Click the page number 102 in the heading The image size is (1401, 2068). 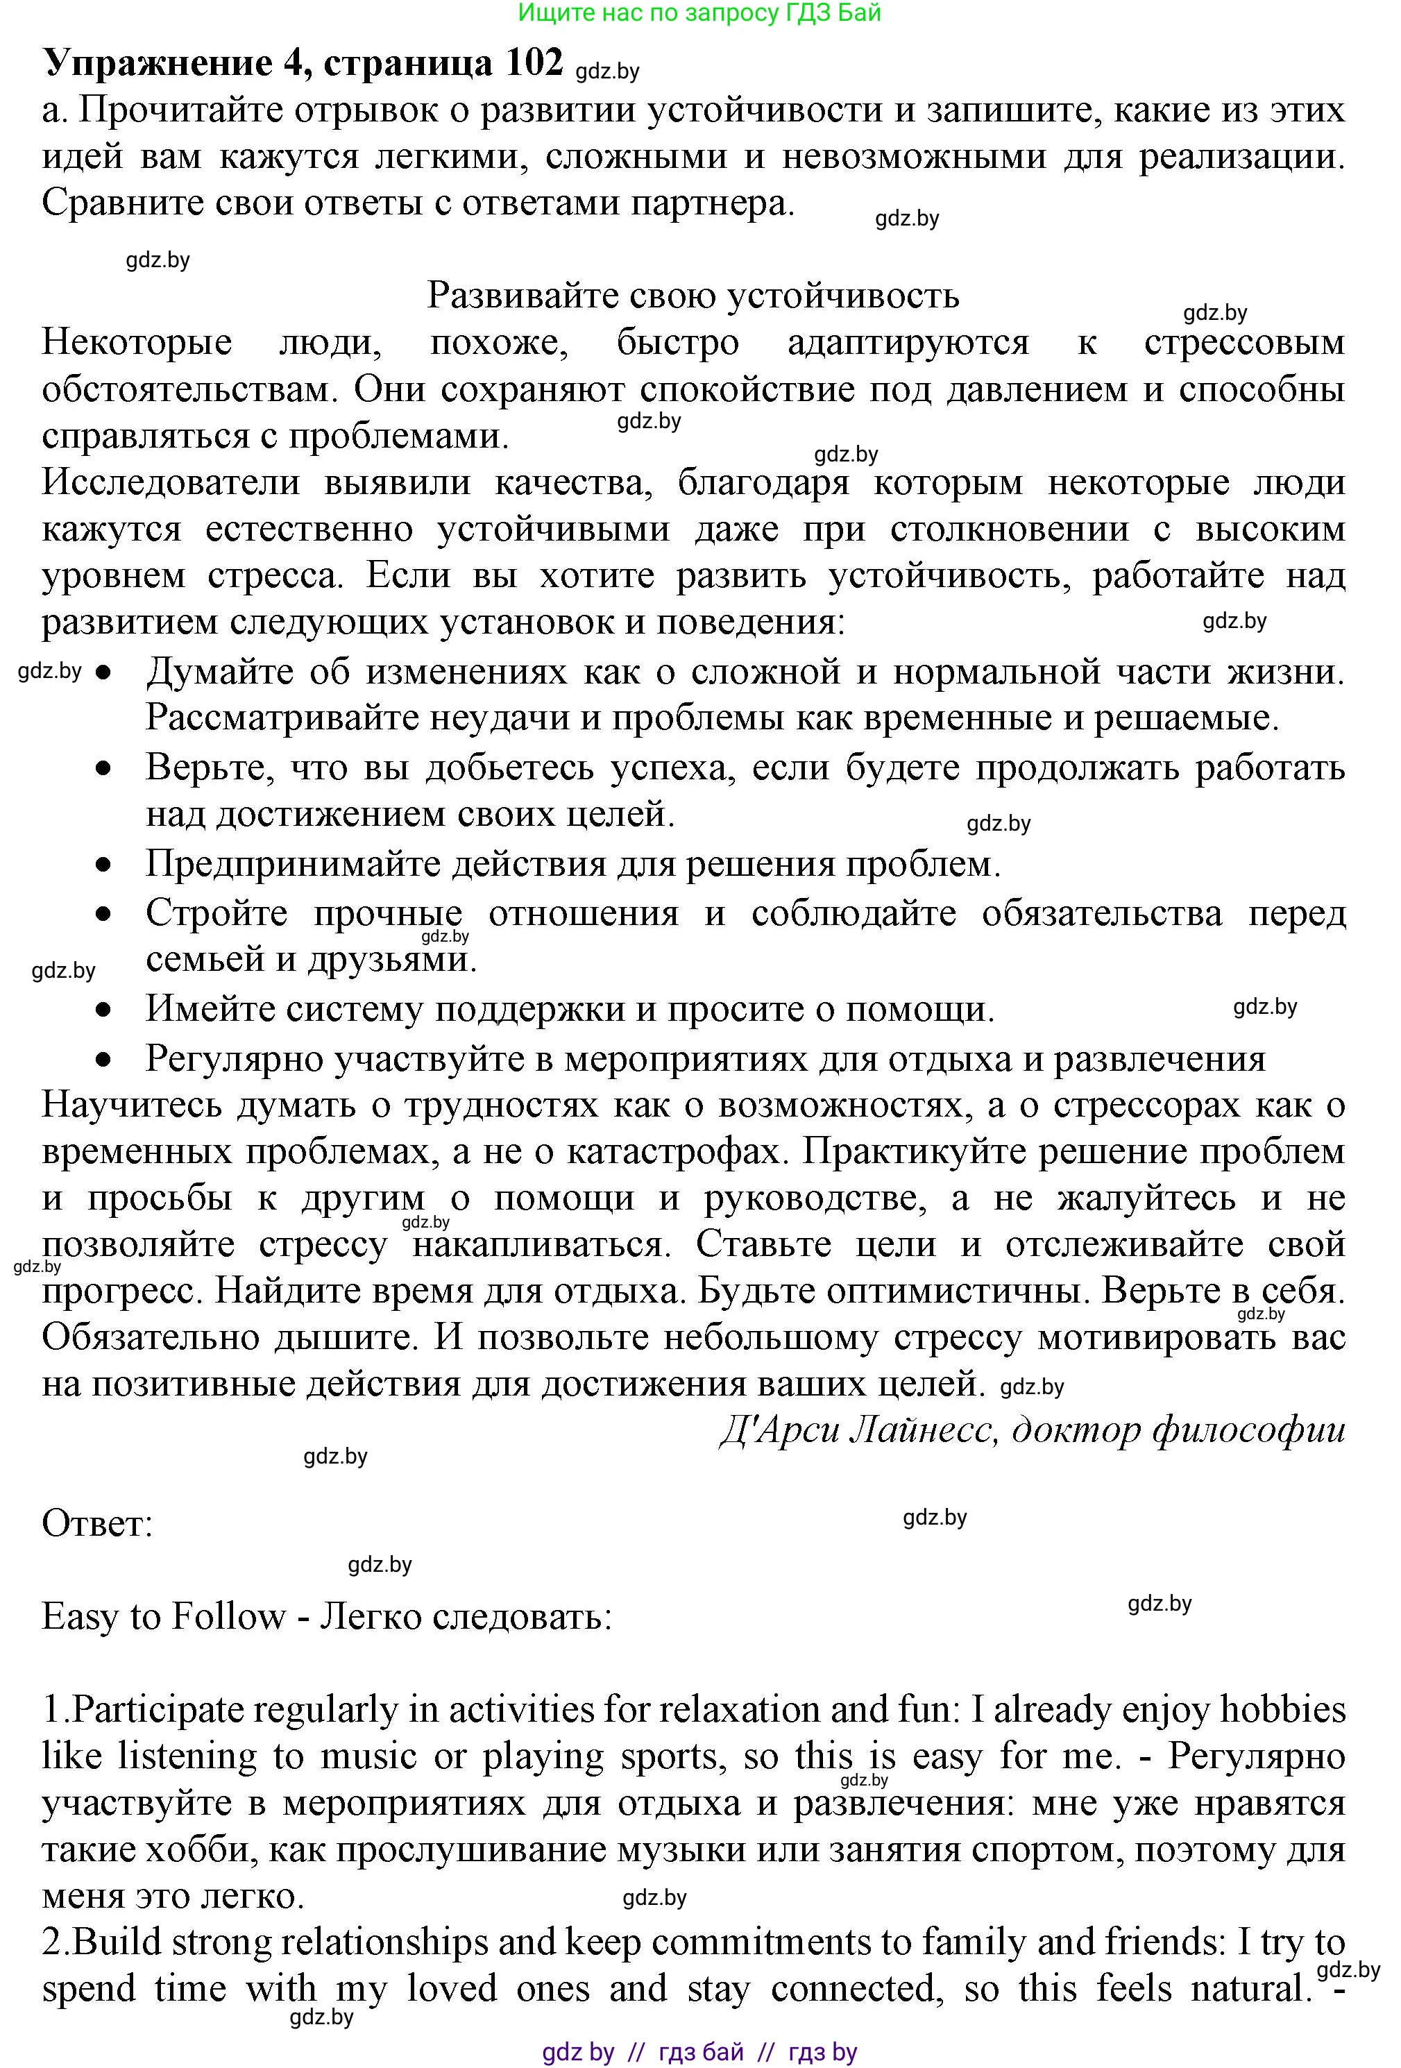pyautogui.click(x=533, y=63)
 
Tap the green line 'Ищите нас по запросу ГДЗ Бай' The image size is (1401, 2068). pyautogui.click(x=699, y=12)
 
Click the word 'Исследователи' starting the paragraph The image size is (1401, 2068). pyautogui.click(x=169, y=482)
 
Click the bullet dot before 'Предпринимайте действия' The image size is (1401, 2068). pyautogui.click(x=104, y=864)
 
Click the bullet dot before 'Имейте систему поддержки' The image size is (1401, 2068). pyautogui.click(x=104, y=1010)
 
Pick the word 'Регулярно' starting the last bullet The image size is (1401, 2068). pyautogui.click(x=232, y=1059)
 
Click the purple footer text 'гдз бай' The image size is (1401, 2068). pyautogui.click(x=700, y=2052)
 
